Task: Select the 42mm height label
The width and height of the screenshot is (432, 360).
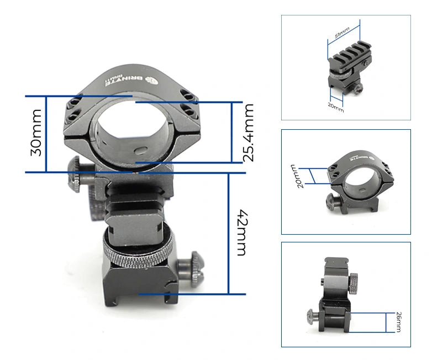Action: click(x=241, y=232)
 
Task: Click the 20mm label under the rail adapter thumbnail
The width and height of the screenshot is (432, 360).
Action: click(x=335, y=108)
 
